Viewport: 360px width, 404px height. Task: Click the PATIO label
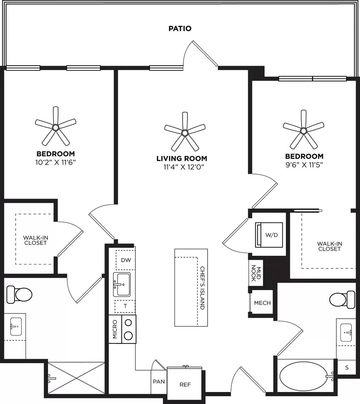(x=180, y=28)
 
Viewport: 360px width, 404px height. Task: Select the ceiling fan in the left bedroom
(x=55, y=127)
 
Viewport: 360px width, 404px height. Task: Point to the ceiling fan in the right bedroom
(x=303, y=130)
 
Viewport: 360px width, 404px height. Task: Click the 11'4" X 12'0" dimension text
(x=182, y=167)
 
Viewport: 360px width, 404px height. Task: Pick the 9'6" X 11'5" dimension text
(x=304, y=164)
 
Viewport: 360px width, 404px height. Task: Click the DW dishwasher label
(x=126, y=260)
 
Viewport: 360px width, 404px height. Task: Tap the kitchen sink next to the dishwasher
(x=122, y=284)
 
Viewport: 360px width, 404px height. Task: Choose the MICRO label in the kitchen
(x=115, y=329)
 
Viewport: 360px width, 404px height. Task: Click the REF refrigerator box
(x=185, y=384)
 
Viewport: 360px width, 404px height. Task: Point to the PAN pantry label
(x=159, y=382)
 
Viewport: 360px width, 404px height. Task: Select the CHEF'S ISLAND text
(x=202, y=288)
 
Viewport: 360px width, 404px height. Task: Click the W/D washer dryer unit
(x=269, y=235)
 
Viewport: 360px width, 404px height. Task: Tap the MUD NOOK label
(x=256, y=273)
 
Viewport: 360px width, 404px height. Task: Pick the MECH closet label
(x=262, y=303)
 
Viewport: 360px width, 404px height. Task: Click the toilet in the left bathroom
(x=20, y=294)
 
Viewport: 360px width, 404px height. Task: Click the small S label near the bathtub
(x=347, y=367)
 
